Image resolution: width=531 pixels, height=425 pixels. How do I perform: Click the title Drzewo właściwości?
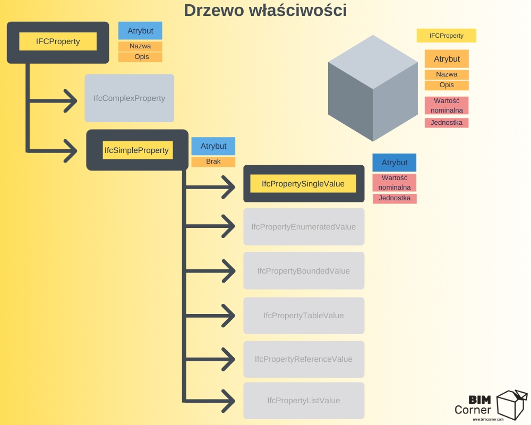pyautogui.click(x=265, y=10)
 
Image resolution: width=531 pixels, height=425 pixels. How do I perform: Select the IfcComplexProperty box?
pyautogui.click(x=130, y=98)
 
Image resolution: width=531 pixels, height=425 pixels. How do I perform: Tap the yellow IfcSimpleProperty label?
pyautogui.click(x=138, y=150)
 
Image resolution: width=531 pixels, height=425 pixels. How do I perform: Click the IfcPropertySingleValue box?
pyautogui.click(x=304, y=184)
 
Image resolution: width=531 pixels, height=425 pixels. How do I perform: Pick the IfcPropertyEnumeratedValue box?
pyautogui.click(x=304, y=227)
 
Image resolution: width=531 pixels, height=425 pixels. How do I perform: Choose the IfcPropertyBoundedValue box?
pyautogui.click(x=304, y=271)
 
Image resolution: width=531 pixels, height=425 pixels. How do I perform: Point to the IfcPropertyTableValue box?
pyautogui.click(x=304, y=316)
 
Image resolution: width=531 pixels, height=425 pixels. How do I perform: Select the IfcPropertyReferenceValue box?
pyautogui.click(x=304, y=359)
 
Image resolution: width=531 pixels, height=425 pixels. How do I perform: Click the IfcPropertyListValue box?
pyautogui.click(x=304, y=401)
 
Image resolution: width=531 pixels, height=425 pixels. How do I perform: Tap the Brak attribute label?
pyautogui.click(x=213, y=161)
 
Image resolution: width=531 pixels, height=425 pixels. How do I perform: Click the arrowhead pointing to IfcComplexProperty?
pyautogui.click(x=71, y=101)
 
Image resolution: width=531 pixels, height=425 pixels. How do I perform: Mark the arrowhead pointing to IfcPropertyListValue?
pyautogui.click(x=228, y=401)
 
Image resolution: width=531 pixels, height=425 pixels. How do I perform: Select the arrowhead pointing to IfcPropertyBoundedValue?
pyautogui.click(x=228, y=271)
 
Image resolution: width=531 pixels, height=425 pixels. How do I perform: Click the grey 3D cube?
pyautogui.click(x=373, y=88)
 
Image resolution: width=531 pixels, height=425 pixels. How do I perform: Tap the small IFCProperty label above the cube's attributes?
pyautogui.click(x=447, y=36)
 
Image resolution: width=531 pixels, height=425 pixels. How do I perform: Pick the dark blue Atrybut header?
pyautogui.click(x=395, y=163)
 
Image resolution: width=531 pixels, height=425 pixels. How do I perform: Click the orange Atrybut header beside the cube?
pyautogui.click(x=447, y=59)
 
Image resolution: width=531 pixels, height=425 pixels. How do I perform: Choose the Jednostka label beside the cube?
pyautogui.click(x=447, y=123)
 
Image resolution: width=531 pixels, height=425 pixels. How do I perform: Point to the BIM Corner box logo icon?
pyautogui.click(x=512, y=405)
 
